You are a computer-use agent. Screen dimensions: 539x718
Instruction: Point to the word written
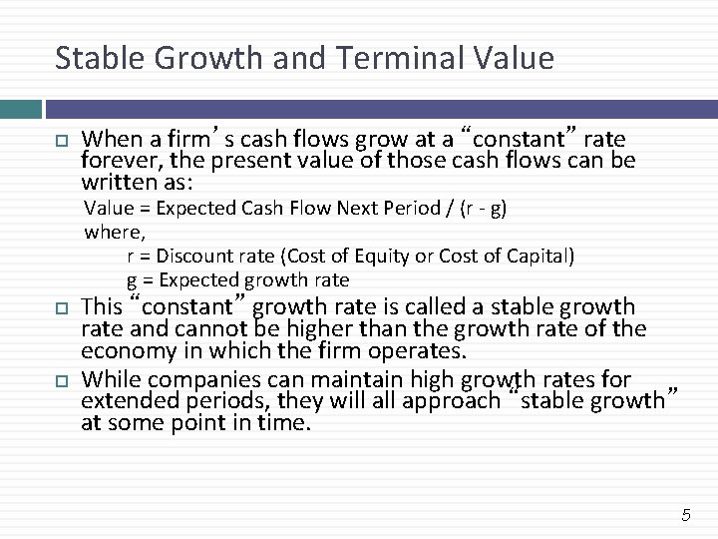pyautogui.click(x=113, y=183)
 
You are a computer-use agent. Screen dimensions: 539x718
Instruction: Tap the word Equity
pyautogui.click(x=372, y=257)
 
